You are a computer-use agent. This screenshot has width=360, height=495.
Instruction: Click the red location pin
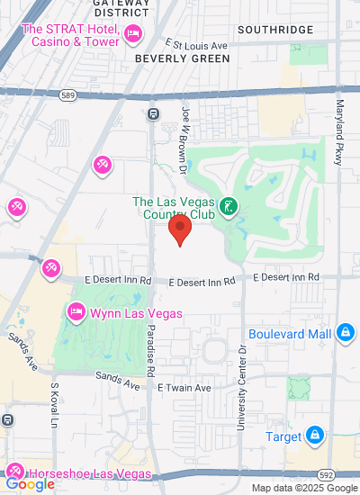pos(180,230)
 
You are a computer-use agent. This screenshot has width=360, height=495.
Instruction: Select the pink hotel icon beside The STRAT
pos(133,34)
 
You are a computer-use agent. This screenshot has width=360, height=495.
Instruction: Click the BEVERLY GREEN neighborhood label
pos(182,58)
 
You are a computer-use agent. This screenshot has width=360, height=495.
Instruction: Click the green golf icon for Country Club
pos(229,207)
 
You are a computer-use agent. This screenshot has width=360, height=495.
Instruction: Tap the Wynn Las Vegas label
pos(136,313)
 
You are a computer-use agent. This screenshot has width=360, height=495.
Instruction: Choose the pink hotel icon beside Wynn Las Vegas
pos(76,313)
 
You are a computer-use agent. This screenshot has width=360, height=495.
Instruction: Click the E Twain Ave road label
pos(184,387)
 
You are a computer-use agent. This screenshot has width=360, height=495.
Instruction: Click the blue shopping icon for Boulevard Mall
pos(345,333)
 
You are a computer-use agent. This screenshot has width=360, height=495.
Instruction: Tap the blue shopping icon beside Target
pos(314,436)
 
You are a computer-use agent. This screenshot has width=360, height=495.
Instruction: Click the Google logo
pos(30,484)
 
